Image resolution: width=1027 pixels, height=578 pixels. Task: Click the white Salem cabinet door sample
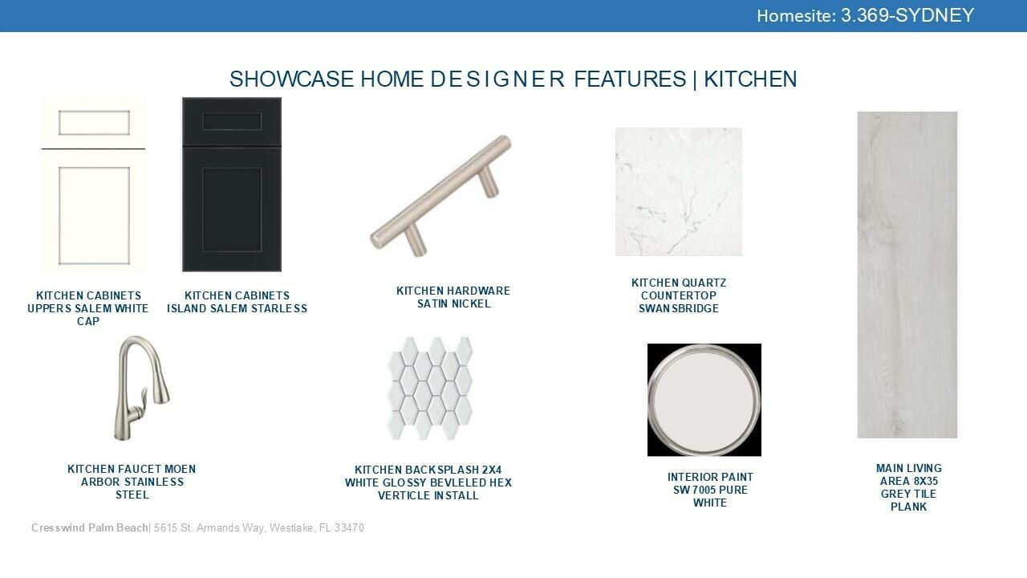[94, 185]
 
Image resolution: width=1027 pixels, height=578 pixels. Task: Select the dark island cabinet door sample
[232, 185]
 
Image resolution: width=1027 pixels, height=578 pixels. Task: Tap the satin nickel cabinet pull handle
[440, 196]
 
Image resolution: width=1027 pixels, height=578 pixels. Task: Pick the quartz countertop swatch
[679, 192]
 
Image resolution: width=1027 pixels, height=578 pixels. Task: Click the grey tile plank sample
[907, 275]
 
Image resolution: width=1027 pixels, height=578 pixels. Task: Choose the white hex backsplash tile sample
[430, 389]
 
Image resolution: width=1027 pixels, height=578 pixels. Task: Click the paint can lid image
[704, 400]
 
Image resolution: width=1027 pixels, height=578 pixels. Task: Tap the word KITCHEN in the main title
[750, 79]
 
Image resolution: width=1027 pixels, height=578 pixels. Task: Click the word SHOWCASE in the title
[291, 79]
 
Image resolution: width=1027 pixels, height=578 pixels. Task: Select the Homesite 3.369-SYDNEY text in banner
[865, 15]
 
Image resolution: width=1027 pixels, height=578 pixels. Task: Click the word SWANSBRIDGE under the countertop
[679, 308]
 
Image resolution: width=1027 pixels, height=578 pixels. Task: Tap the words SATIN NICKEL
[454, 303]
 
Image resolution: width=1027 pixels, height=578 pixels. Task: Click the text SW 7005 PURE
[710, 490]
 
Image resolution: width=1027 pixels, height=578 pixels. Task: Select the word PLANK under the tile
[909, 507]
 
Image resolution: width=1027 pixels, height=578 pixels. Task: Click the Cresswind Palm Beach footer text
[89, 528]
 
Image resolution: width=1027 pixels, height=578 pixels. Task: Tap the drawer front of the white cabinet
[94, 123]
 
